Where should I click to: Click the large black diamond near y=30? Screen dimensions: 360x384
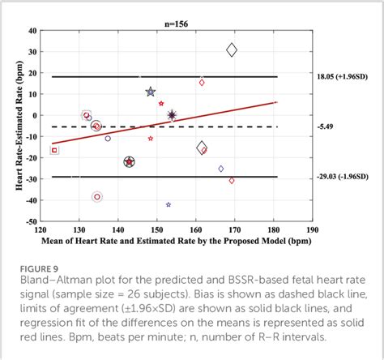[232, 50]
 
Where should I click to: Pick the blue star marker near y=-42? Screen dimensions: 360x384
[169, 204]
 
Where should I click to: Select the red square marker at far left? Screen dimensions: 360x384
[55, 150]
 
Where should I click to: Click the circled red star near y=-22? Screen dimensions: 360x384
[129, 162]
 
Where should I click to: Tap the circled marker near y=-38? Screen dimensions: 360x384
[97, 196]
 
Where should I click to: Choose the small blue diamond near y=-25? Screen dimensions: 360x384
[221, 169]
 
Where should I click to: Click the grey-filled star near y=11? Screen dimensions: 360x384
[151, 92]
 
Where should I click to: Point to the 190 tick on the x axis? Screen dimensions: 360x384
[314, 229]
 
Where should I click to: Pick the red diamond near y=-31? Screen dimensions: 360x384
[232, 180]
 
